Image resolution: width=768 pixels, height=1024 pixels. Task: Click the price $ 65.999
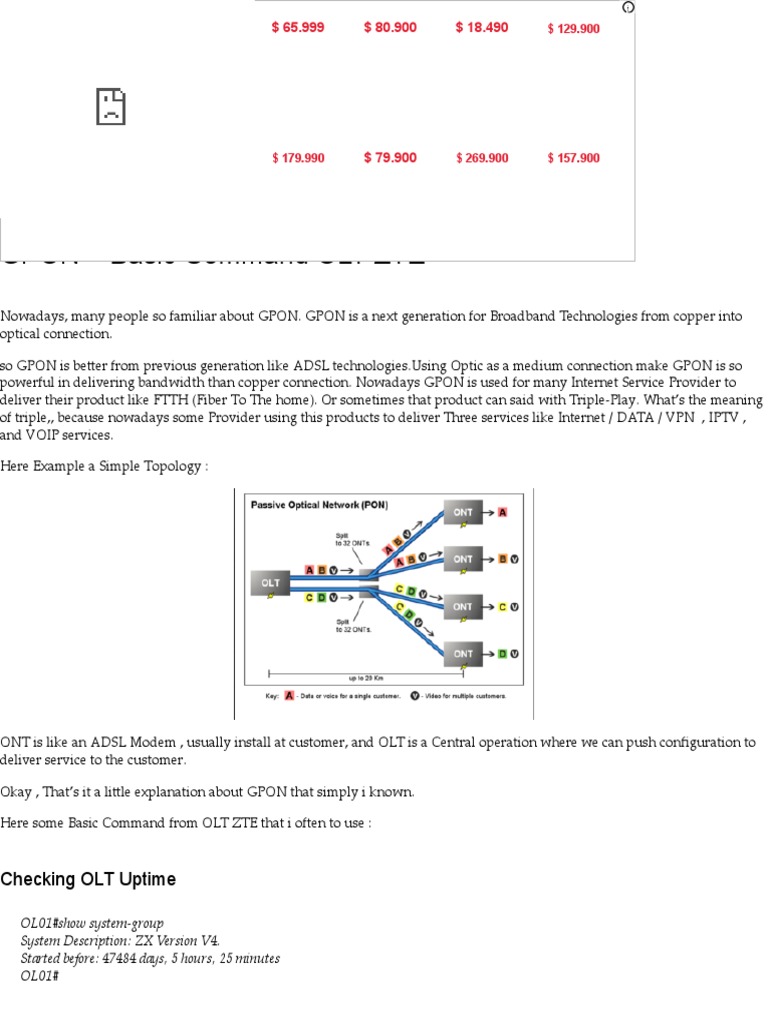[x=298, y=28]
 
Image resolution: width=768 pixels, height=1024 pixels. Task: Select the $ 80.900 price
[x=390, y=28]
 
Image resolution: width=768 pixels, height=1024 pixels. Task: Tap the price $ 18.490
[x=482, y=28]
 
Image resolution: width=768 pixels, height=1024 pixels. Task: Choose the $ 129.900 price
[x=574, y=29]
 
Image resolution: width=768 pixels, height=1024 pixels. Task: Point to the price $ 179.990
[x=298, y=158]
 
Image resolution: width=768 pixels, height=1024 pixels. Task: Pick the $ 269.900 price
[x=482, y=158]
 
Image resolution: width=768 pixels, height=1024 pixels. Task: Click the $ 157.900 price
[x=574, y=158]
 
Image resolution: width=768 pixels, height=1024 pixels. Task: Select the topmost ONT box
[x=463, y=512]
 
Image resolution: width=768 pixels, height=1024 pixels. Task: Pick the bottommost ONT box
[x=463, y=654]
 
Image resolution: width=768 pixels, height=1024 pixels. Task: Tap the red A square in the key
[x=289, y=695]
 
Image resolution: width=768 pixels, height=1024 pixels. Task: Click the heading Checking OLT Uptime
[x=88, y=880]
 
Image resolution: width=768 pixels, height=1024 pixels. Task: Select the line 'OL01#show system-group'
[x=92, y=923]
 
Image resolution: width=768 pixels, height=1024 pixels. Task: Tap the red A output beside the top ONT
[x=503, y=512]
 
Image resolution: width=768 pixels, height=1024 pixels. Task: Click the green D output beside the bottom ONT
[x=502, y=654]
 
